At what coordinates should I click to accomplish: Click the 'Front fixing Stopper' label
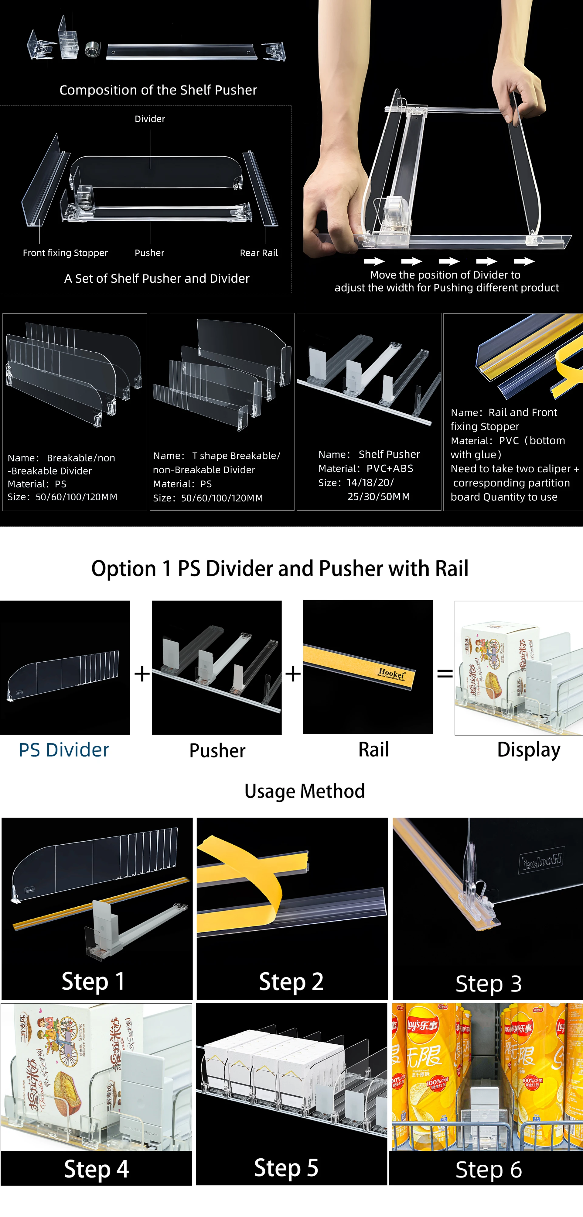click(65, 253)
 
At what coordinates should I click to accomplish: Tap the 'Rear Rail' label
click(259, 253)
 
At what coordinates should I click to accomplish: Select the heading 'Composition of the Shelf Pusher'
click(158, 90)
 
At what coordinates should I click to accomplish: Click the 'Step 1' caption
click(93, 981)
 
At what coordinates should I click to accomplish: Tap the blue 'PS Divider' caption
click(64, 750)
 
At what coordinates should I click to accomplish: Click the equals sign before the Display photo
click(445, 673)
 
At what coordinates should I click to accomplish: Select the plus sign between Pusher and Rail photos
click(293, 673)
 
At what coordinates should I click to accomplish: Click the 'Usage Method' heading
click(305, 791)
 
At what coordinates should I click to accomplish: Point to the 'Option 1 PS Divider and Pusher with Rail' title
click(279, 568)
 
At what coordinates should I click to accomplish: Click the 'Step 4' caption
click(96, 1169)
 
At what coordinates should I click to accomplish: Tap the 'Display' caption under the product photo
click(529, 750)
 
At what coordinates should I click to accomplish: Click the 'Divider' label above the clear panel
click(150, 119)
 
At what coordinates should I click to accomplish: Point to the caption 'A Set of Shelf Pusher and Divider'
click(157, 278)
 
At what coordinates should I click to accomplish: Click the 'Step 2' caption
click(291, 981)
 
